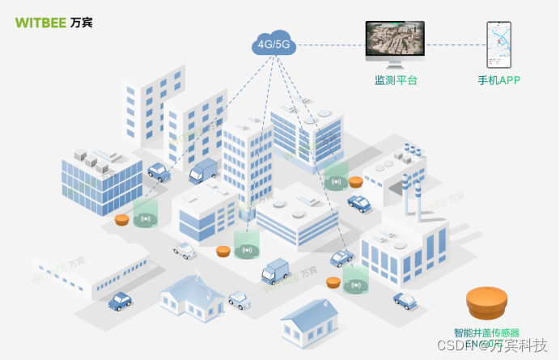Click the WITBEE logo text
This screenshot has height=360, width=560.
(40, 22)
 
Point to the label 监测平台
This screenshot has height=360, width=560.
(396, 81)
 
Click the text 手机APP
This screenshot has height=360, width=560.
(498, 81)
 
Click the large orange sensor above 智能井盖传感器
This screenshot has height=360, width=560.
(487, 304)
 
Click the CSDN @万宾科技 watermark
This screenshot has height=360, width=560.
(503, 346)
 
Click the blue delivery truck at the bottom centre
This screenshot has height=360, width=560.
(276, 269)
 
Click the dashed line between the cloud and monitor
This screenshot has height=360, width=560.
(333, 44)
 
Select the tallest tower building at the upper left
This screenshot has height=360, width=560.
(153, 105)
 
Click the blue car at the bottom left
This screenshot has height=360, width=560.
(121, 301)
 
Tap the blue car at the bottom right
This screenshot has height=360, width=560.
(405, 300)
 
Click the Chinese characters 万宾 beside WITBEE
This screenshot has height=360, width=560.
(82, 22)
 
